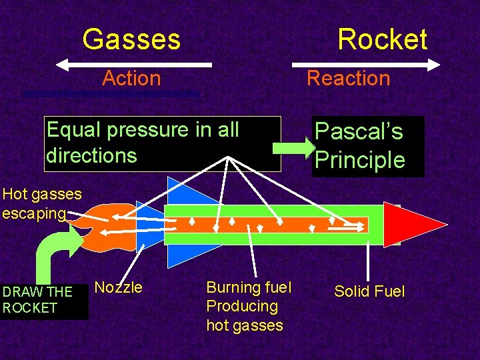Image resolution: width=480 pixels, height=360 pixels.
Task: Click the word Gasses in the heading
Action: pos(131,39)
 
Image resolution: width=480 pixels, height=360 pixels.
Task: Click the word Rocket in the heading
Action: pos(382,39)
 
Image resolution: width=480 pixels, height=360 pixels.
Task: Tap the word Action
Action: pos(131,78)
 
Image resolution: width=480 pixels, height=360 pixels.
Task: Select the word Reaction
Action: pos(348,78)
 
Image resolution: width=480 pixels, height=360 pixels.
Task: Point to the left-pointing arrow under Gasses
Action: pos(133,65)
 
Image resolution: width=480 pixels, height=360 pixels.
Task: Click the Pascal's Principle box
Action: pos(367,146)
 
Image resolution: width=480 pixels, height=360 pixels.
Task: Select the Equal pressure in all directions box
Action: pos(163,143)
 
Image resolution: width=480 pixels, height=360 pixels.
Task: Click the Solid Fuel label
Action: pos(369,291)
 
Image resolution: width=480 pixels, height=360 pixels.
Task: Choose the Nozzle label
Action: pos(119,287)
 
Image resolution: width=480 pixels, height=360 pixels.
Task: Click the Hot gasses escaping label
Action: pos(41,203)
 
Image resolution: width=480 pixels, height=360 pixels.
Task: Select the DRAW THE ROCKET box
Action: pos(43,300)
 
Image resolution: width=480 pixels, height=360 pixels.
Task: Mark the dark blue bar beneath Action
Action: pos(111,95)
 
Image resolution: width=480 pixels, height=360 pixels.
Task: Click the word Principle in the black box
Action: pos(359,160)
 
